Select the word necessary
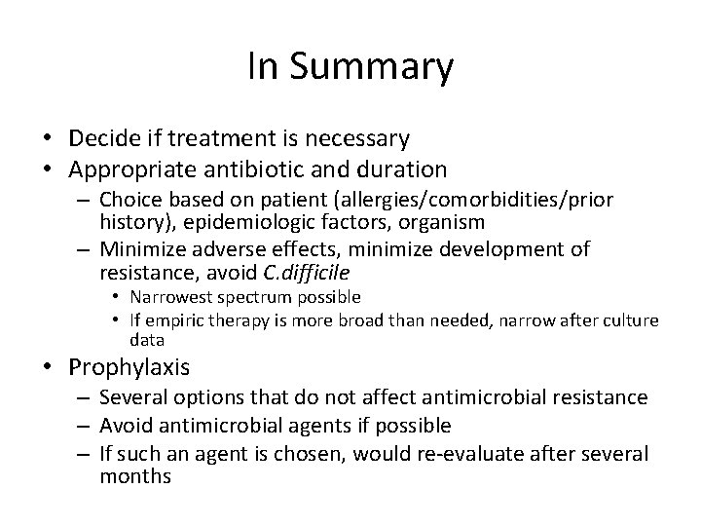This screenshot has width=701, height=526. (352, 140)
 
